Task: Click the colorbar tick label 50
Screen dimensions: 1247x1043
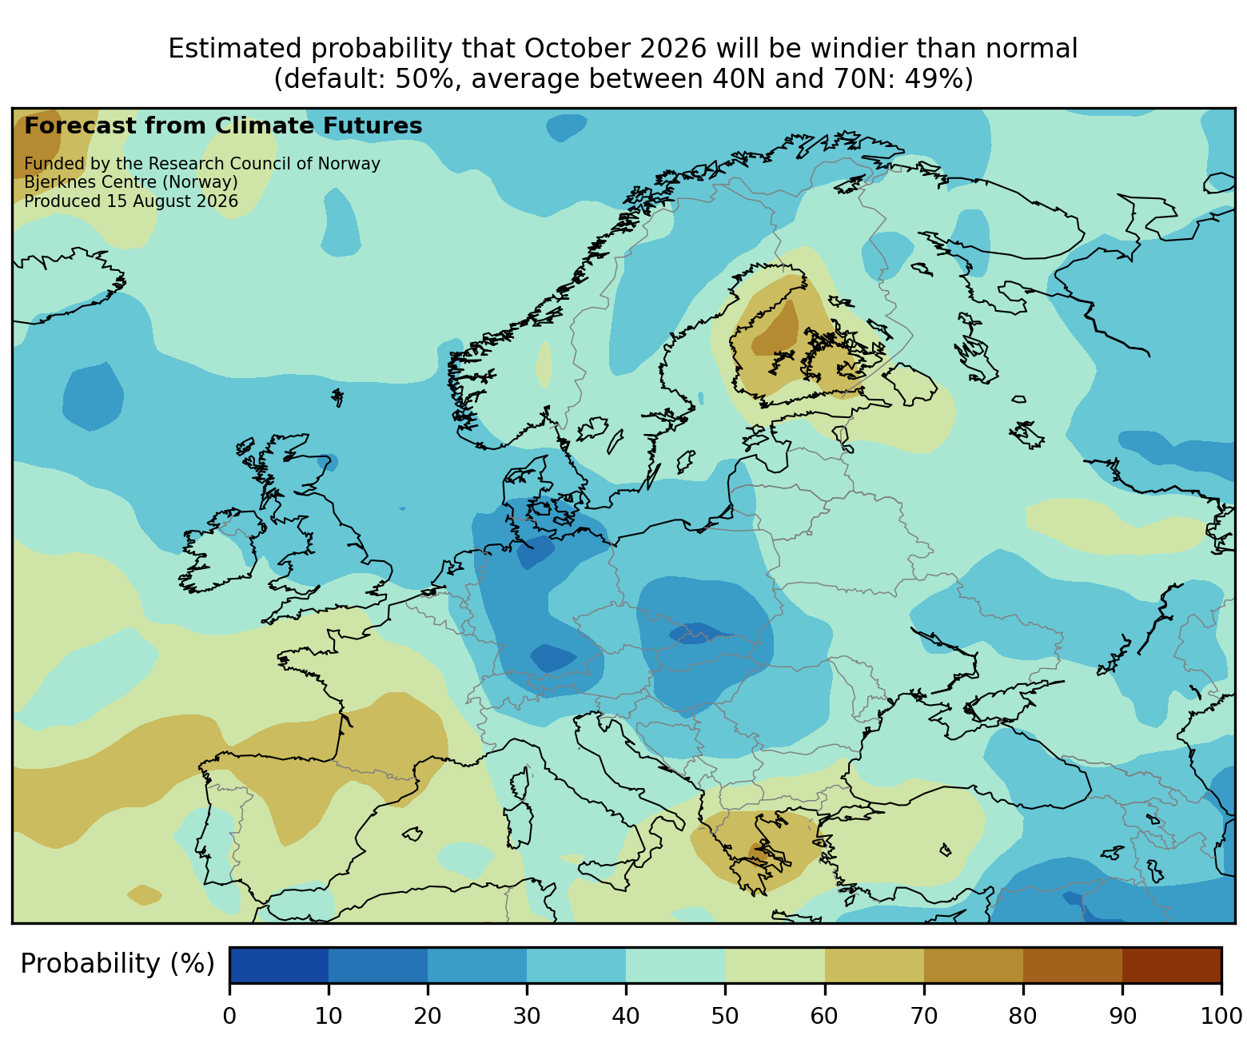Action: coord(724,1015)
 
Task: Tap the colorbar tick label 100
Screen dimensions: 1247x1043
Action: coord(1221,1015)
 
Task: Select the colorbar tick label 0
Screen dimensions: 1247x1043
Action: coord(229,1015)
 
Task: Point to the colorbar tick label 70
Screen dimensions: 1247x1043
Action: coord(923,1015)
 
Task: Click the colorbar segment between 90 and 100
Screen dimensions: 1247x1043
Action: coord(1171,965)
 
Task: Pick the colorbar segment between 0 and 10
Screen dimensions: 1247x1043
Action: coord(279,965)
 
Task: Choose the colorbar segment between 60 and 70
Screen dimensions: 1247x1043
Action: coord(874,965)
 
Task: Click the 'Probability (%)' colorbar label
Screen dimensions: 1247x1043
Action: coord(117,964)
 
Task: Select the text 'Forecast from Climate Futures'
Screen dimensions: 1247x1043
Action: coord(223,126)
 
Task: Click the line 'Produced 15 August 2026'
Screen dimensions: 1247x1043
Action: coord(131,201)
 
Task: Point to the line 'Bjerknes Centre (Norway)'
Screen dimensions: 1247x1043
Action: coord(131,182)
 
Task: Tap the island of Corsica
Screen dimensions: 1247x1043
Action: coord(520,783)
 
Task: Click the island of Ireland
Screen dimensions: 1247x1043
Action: coord(219,552)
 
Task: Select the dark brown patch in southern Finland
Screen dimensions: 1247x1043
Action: coord(776,330)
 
